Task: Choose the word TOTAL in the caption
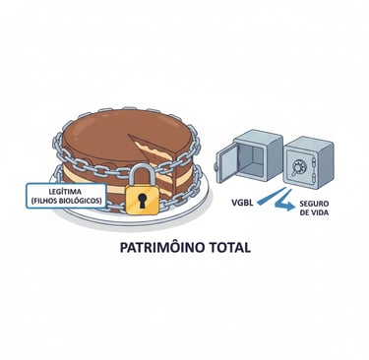(x=226, y=249)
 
